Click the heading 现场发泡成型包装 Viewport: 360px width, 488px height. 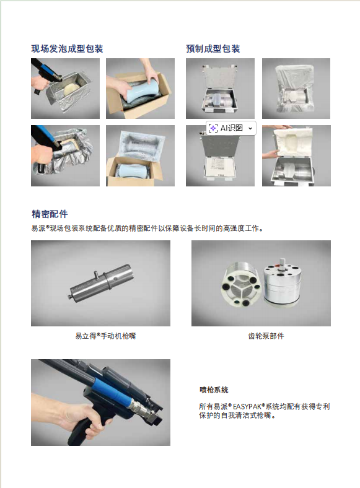(67, 48)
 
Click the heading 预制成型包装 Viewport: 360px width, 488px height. (213, 48)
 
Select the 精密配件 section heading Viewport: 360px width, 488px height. (50, 214)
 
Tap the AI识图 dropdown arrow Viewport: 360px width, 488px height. (250, 128)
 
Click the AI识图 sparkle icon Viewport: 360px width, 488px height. (213, 128)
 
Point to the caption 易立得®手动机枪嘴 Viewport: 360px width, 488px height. (105, 336)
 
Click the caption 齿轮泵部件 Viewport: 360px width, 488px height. (266, 336)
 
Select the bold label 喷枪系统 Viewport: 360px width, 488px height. (214, 390)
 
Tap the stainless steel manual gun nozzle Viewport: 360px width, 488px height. (100, 282)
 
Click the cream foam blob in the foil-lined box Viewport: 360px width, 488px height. (72, 89)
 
